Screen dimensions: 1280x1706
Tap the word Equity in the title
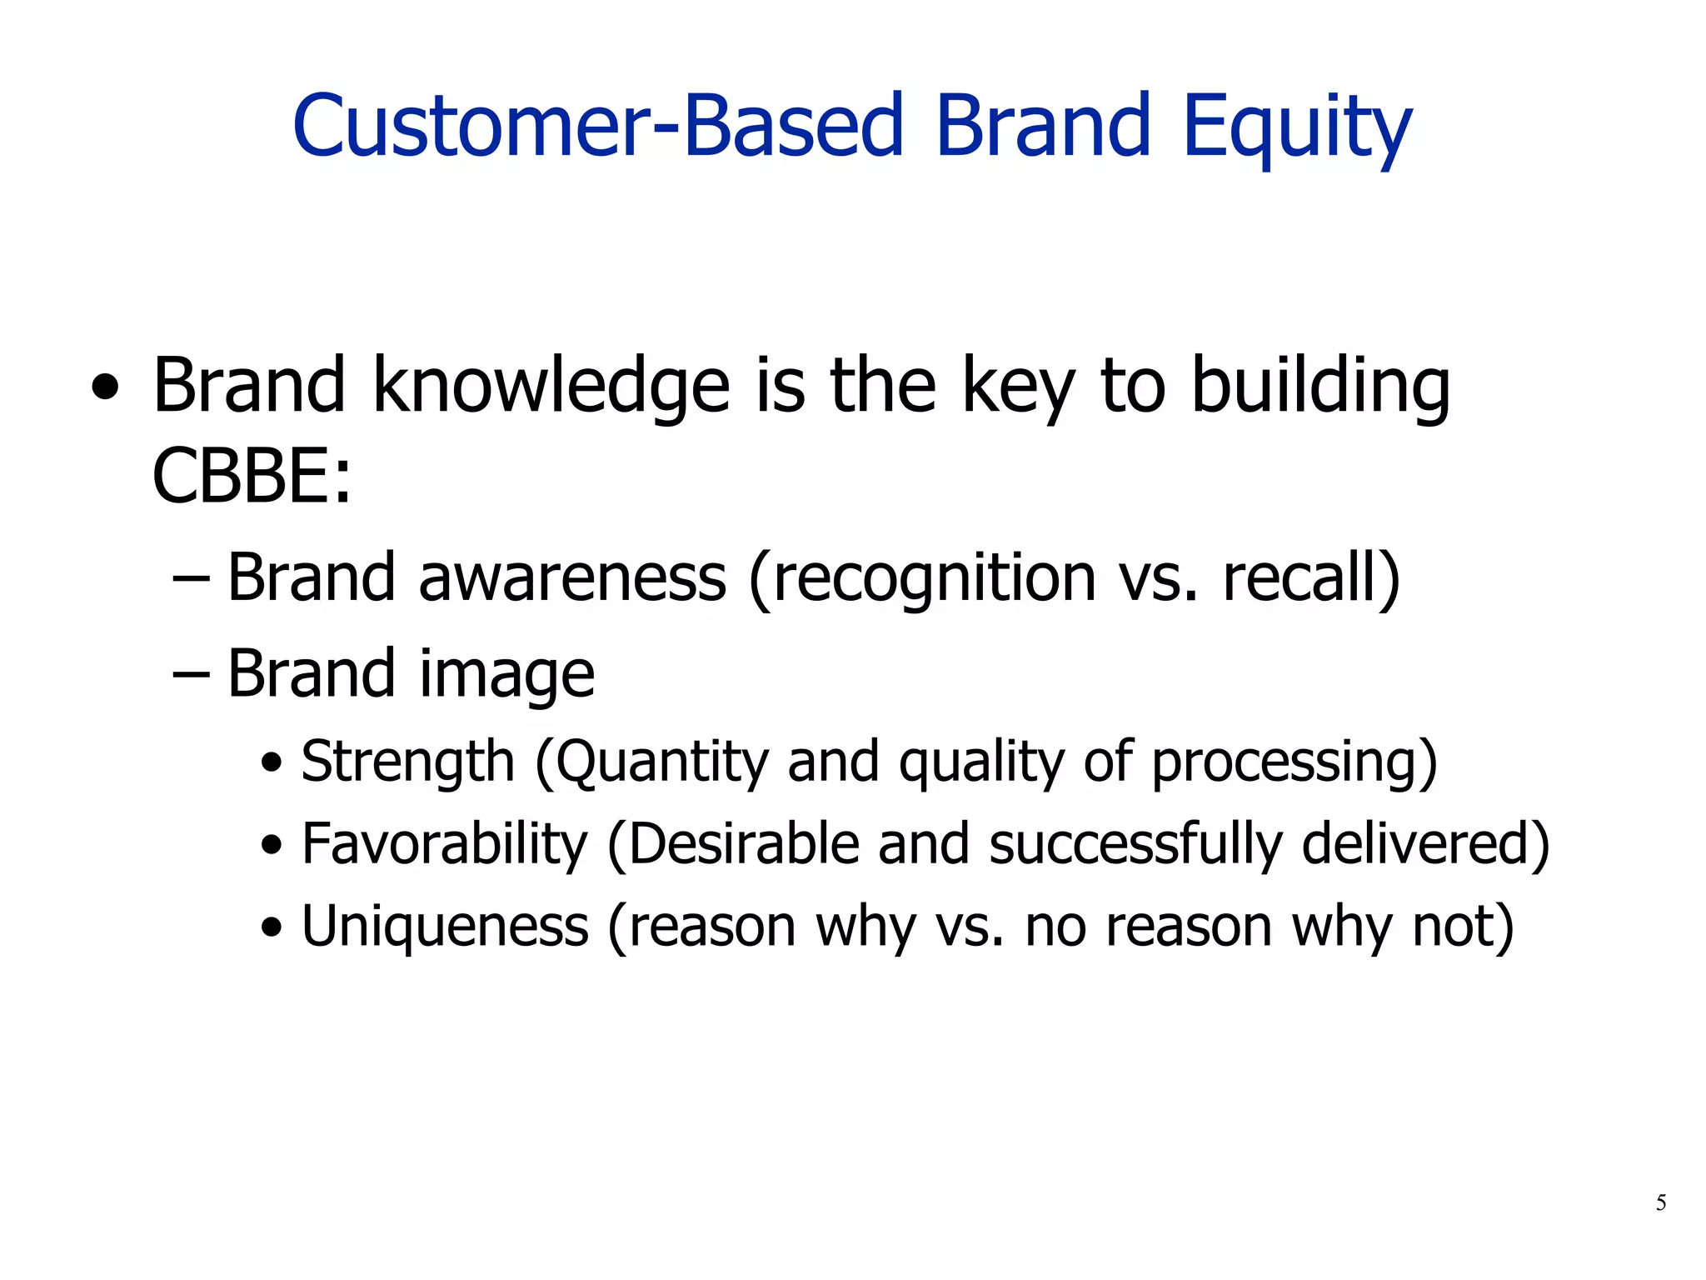(x=1296, y=127)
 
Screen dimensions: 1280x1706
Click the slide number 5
(x=1661, y=1202)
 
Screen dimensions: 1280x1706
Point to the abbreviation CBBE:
(x=252, y=477)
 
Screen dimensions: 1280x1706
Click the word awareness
(x=572, y=577)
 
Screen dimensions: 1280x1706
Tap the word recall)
(x=1311, y=577)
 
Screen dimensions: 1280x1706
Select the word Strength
(x=407, y=762)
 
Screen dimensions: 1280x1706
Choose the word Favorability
(x=444, y=844)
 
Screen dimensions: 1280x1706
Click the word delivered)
(x=1425, y=844)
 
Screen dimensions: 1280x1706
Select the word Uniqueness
(x=445, y=927)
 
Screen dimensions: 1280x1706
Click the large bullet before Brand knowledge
(x=105, y=388)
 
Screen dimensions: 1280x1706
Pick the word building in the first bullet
(x=1320, y=387)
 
